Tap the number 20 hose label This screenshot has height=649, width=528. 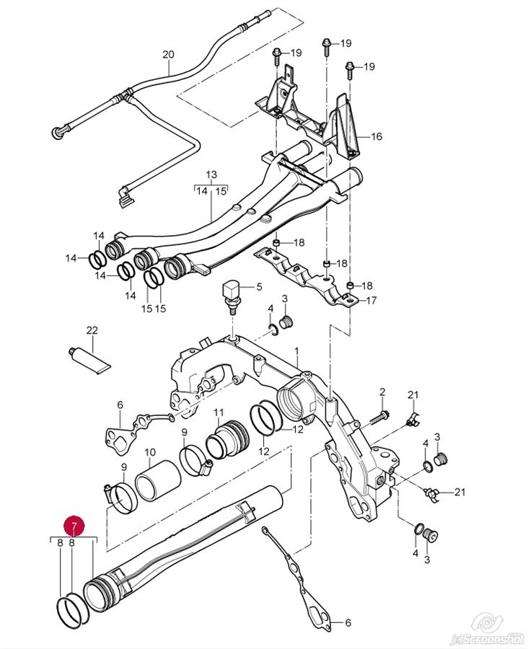pyautogui.click(x=169, y=54)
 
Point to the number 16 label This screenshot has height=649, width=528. pyautogui.click(x=377, y=136)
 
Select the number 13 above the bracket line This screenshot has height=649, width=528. pyautogui.click(x=211, y=175)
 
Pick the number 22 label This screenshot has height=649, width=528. pyautogui.click(x=92, y=330)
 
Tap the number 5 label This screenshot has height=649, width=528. pyautogui.click(x=260, y=287)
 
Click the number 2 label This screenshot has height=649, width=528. pyautogui.click(x=383, y=392)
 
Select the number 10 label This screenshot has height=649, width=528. pyautogui.click(x=150, y=453)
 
